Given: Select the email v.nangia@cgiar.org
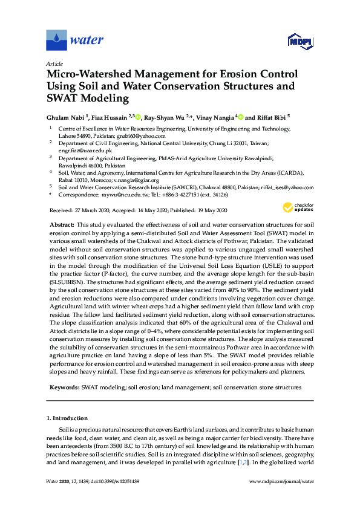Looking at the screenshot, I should (x=134, y=180).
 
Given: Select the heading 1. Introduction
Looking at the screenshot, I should (x=67, y=418).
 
